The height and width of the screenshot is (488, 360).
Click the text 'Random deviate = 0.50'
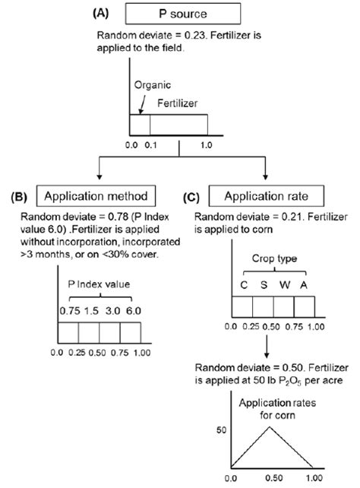248,365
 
